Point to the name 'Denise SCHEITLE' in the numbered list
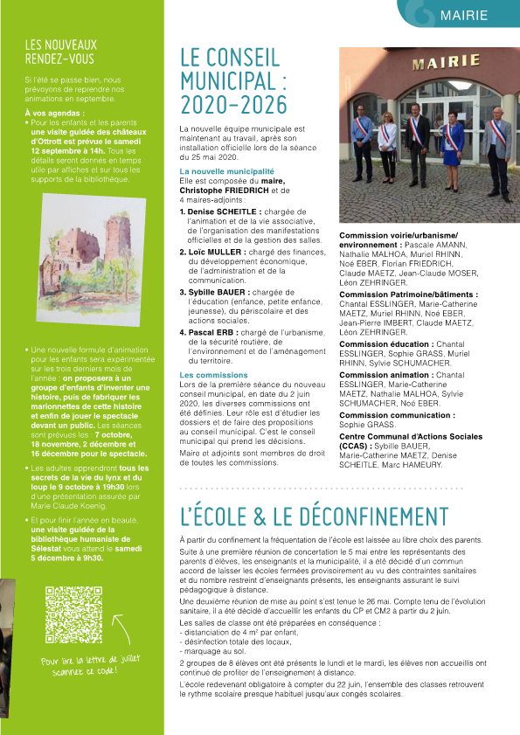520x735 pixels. (x=217, y=211)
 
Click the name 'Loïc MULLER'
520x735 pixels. (x=213, y=252)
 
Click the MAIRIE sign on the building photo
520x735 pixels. (x=434, y=64)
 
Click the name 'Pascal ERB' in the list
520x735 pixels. (x=209, y=333)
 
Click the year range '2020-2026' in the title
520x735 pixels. (x=232, y=106)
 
